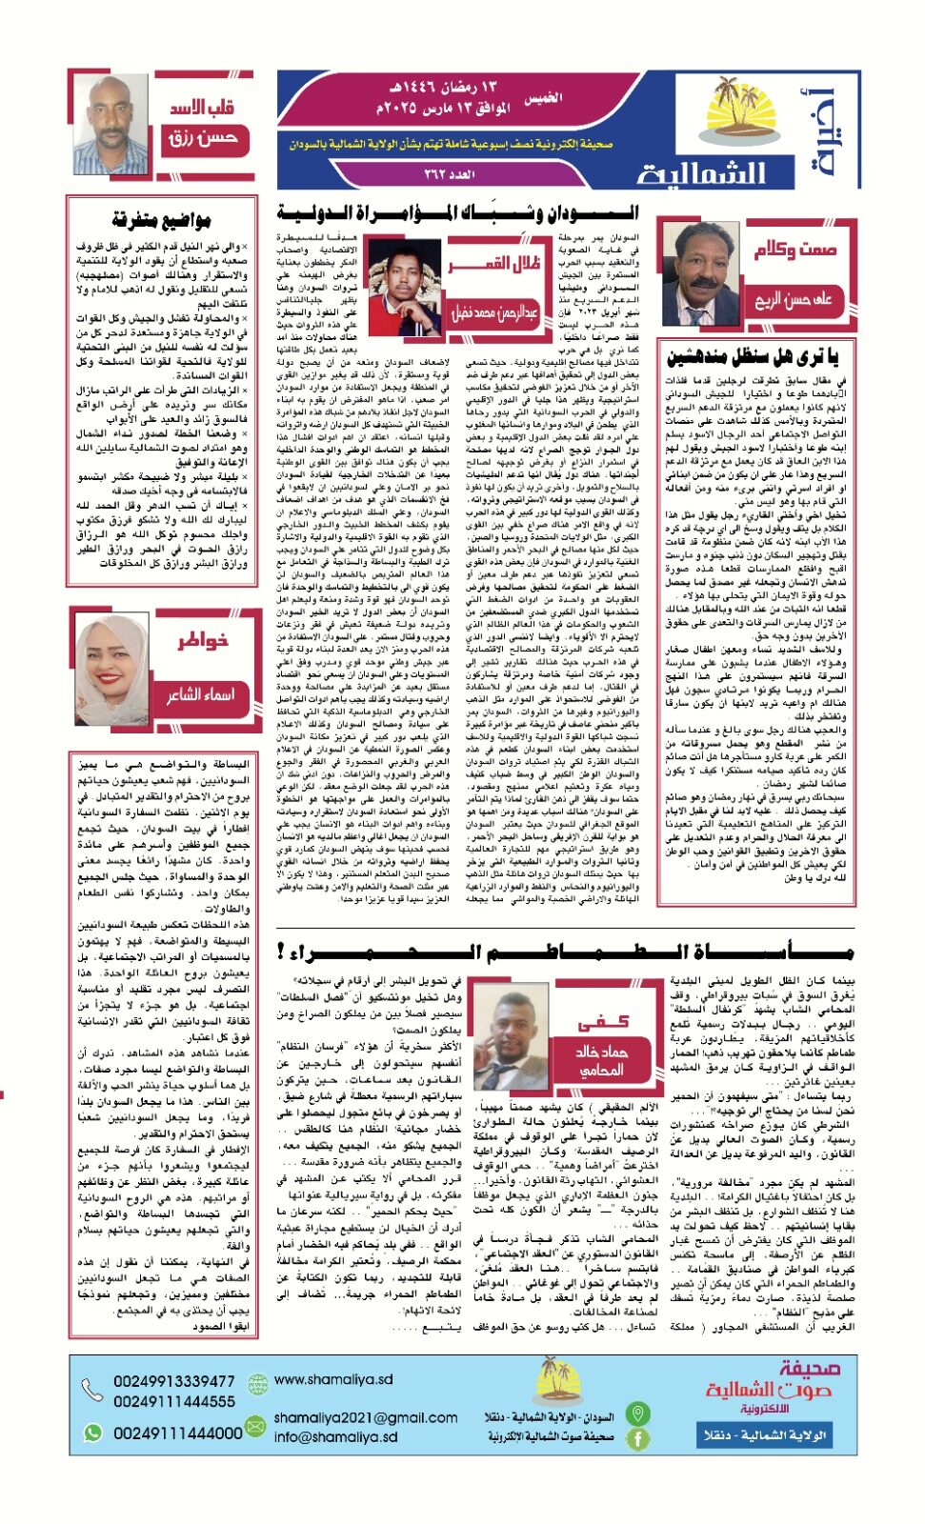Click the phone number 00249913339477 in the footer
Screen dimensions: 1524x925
[x=173, y=1381]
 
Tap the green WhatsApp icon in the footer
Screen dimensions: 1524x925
[x=92, y=1433]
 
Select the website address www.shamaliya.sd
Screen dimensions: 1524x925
[x=332, y=1379]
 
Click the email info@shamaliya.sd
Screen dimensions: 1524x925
[x=335, y=1437]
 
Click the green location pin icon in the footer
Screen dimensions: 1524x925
[x=637, y=1414]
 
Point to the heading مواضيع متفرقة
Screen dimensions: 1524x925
[x=161, y=221]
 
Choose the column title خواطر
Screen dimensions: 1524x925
[x=202, y=640]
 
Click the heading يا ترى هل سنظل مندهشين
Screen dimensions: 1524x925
[x=752, y=357]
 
